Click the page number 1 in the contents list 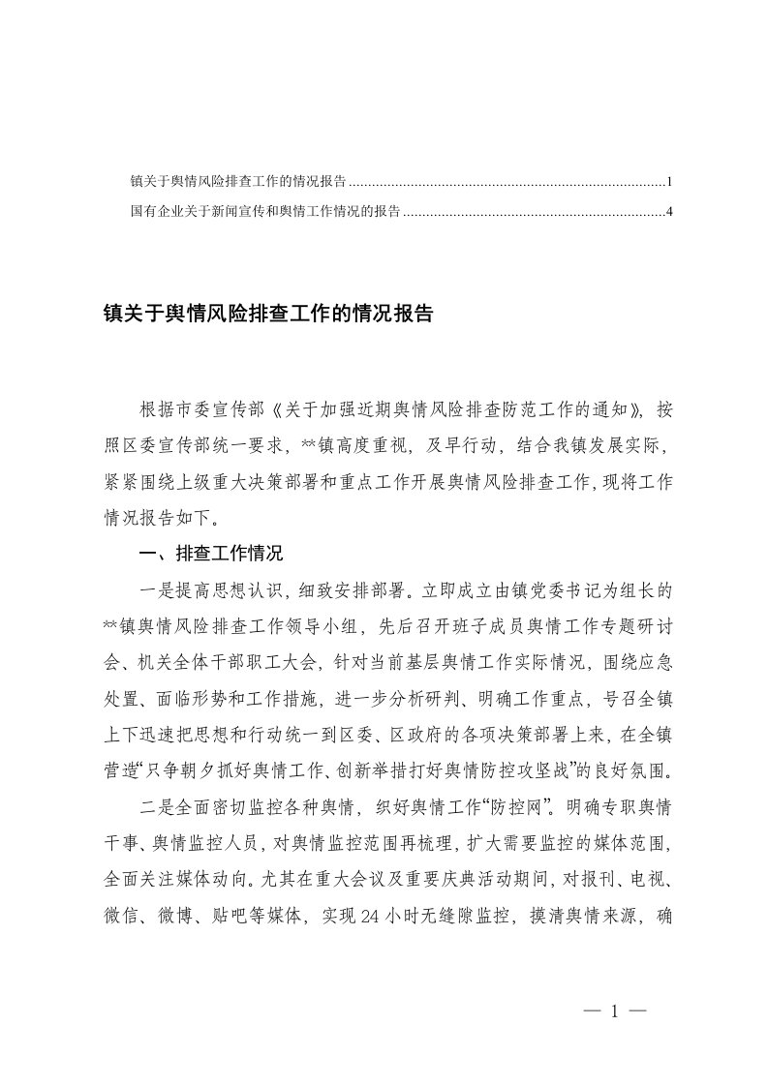pos(670,181)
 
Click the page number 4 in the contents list pos(670,210)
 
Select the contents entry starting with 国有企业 pos(265,210)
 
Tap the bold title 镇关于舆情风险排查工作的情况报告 pos(267,315)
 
